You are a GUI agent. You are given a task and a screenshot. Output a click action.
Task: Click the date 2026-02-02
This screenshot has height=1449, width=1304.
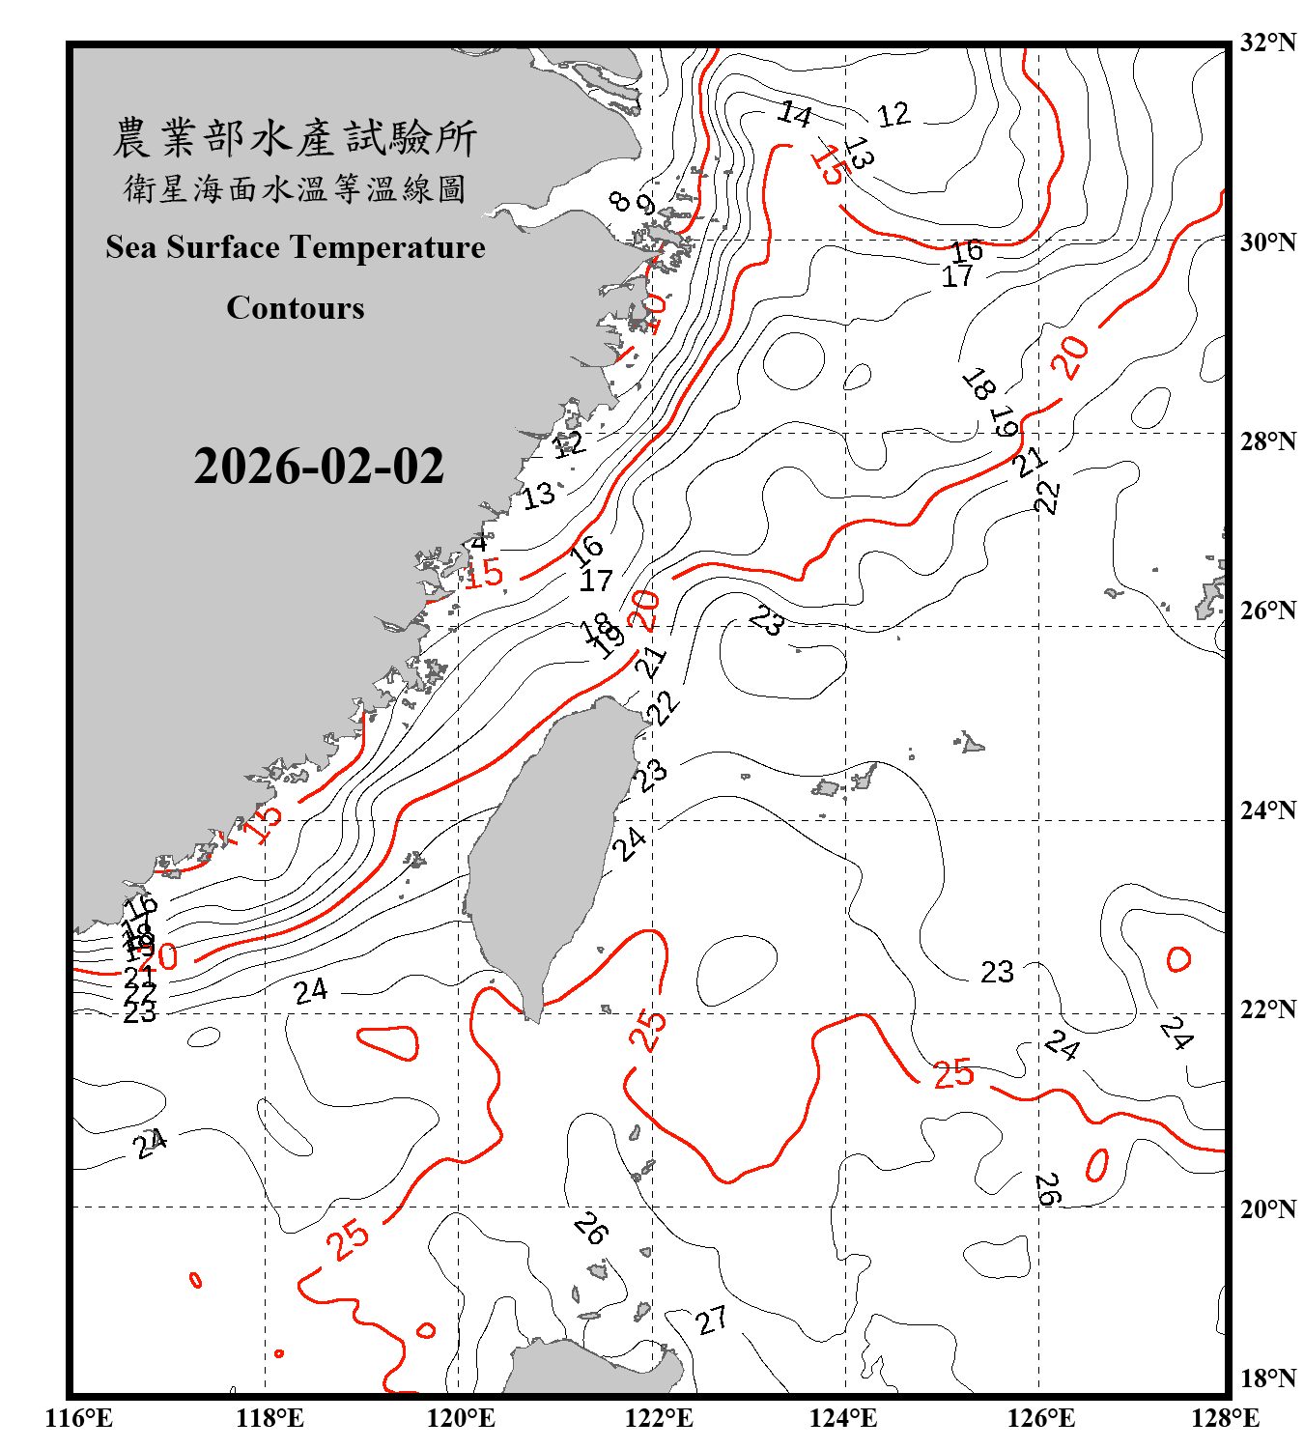coord(319,467)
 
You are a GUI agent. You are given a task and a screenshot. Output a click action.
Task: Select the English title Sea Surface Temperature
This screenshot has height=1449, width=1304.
coord(296,247)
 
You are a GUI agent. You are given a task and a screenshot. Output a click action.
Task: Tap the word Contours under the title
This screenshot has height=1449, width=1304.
coord(296,308)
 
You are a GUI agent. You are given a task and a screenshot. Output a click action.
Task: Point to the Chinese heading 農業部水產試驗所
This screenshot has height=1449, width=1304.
coord(295,138)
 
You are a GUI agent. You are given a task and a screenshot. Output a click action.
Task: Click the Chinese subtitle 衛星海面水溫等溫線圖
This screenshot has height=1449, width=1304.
coord(295,188)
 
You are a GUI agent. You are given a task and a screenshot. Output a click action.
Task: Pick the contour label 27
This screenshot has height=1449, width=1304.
coord(712,1321)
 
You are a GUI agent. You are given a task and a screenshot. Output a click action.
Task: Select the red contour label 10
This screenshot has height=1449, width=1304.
coord(655,311)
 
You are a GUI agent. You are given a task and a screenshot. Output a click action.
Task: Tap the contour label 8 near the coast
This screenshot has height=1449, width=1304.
coord(620,201)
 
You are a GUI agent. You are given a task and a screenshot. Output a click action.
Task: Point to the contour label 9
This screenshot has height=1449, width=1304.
coord(645,206)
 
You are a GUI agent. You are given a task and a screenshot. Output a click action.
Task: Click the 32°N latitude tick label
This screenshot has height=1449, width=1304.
coord(1267,43)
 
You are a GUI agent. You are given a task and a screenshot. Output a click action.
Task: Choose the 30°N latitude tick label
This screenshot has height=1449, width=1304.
coord(1267,241)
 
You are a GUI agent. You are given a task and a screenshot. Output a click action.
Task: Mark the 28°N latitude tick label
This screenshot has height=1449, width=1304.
coord(1267,440)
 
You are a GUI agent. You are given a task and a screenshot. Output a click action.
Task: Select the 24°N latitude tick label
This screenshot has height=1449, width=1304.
coord(1267,810)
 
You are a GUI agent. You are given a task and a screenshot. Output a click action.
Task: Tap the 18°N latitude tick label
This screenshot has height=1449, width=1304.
coord(1267,1378)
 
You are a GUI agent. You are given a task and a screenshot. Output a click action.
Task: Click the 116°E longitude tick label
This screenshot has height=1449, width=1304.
coord(79,1418)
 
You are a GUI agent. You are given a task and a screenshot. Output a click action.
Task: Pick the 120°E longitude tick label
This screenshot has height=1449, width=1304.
coord(461,1418)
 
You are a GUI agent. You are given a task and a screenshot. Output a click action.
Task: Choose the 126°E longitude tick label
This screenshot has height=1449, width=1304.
coord(1040,1418)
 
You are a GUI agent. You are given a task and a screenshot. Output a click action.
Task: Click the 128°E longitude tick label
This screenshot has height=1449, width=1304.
coord(1225,1418)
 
